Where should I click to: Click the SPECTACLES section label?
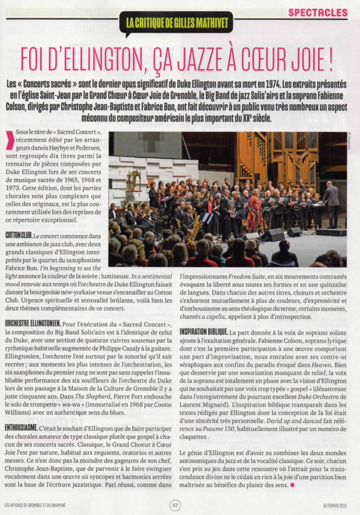pyautogui.click(x=318, y=12)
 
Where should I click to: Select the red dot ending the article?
pyautogui.click(x=292, y=486)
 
